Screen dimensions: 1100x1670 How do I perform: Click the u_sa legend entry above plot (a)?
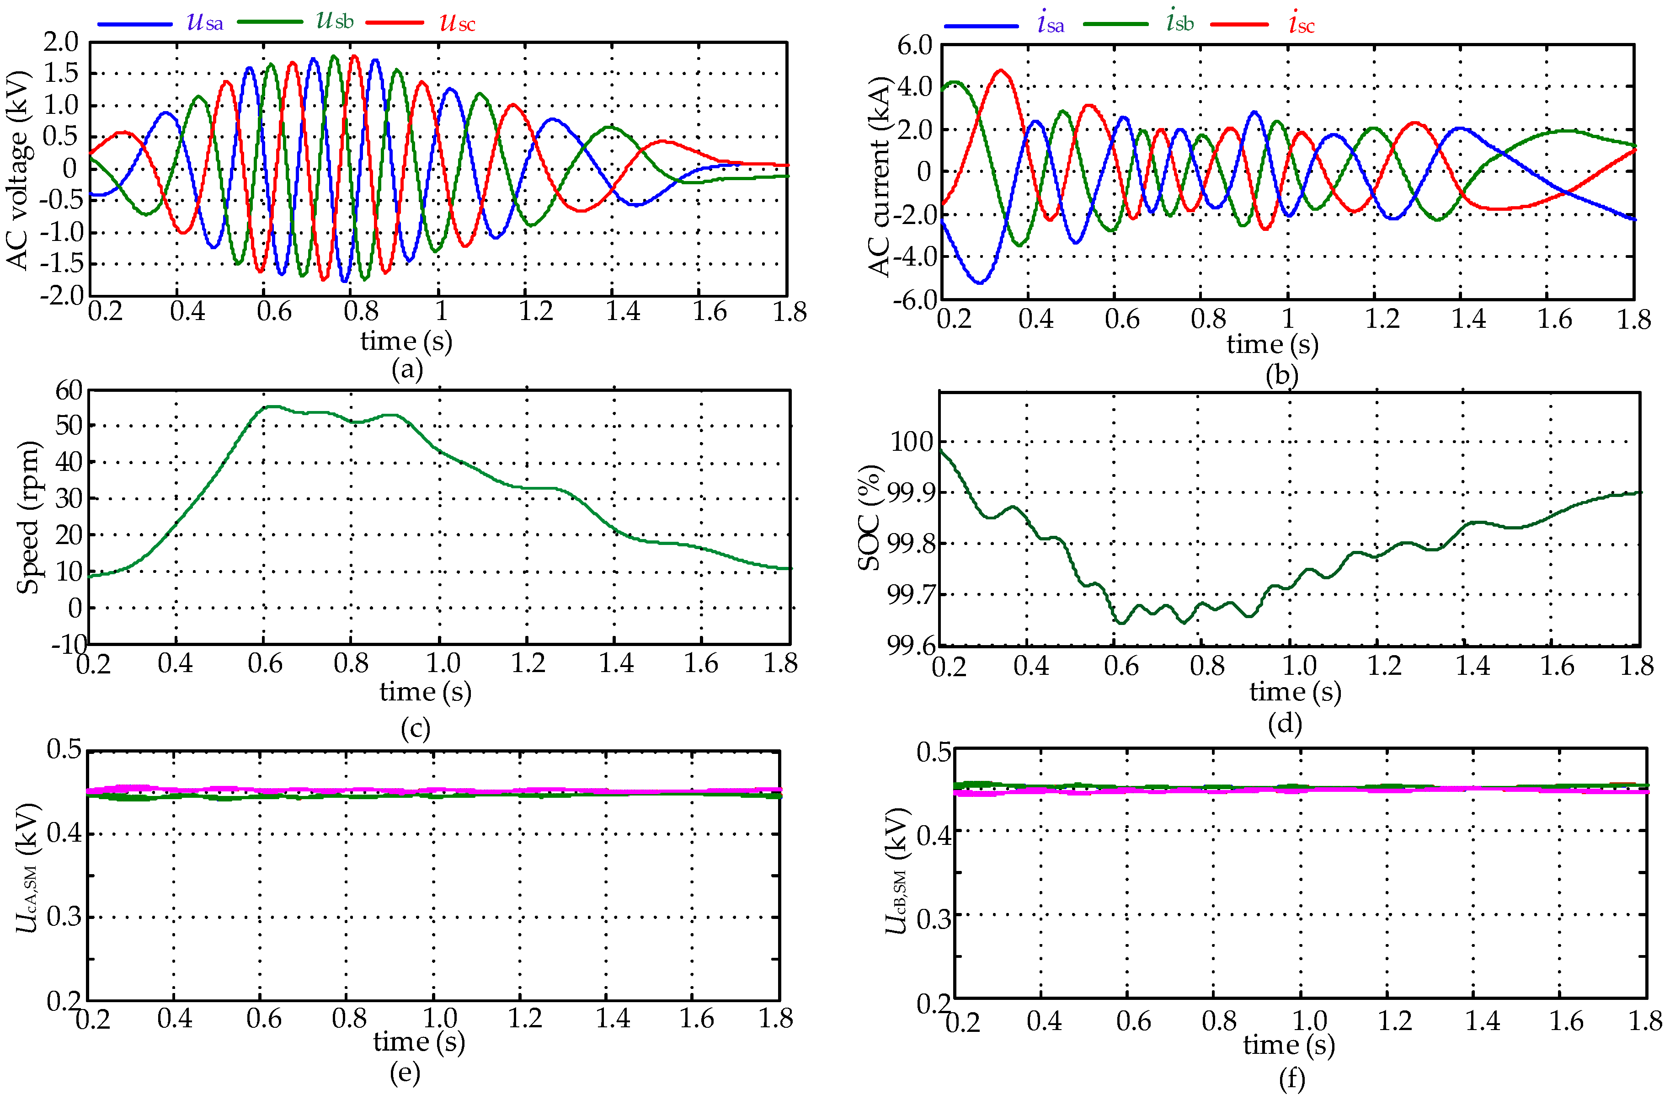point(204,22)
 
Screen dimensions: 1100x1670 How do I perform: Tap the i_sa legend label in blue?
point(1051,24)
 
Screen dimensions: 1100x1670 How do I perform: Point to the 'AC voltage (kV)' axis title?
point(18,170)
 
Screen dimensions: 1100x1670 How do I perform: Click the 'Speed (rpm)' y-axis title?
point(28,518)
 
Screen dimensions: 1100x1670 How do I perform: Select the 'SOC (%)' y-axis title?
point(870,518)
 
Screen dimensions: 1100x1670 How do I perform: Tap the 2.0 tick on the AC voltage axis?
point(61,42)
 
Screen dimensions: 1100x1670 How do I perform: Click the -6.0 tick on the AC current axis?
point(915,300)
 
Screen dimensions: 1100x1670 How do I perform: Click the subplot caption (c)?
point(416,728)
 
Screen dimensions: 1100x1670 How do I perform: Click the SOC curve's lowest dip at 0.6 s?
point(1121,622)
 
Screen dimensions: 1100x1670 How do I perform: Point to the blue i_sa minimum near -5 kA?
point(980,282)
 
